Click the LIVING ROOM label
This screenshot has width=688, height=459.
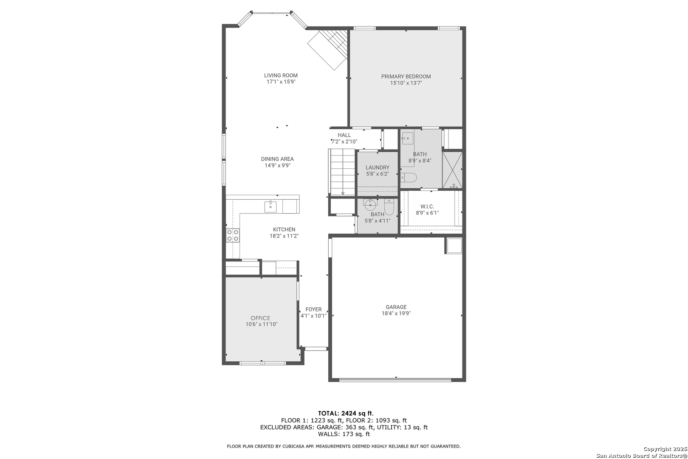click(x=281, y=75)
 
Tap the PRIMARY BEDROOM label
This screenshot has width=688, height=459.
click(x=406, y=76)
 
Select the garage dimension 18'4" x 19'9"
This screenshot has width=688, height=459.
click(x=396, y=313)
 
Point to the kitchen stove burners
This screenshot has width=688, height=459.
click(x=233, y=235)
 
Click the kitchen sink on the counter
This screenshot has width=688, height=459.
click(x=271, y=207)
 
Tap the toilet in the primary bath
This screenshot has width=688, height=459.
click(x=409, y=177)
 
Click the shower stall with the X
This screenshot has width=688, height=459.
click(x=452, y=170)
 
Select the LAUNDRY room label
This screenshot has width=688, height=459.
click(x=378, y=167)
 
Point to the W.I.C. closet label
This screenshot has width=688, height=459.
click(x=427, y=207)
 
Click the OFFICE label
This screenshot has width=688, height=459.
click(x=260, y=318)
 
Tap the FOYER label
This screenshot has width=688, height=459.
click(x=313, y=309)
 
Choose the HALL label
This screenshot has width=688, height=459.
click(x=344, y=135)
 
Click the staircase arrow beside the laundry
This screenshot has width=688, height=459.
click(x=343, y=172)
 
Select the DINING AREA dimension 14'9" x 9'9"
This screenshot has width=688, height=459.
click(x=278, y=165)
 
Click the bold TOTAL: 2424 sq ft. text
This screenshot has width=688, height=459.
click(x=346, y=413)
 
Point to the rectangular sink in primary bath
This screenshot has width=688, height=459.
click(x=407, y=139)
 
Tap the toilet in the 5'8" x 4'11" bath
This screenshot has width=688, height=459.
click(x=389, y=207)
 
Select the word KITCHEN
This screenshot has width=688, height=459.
click(x=284, y=229)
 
